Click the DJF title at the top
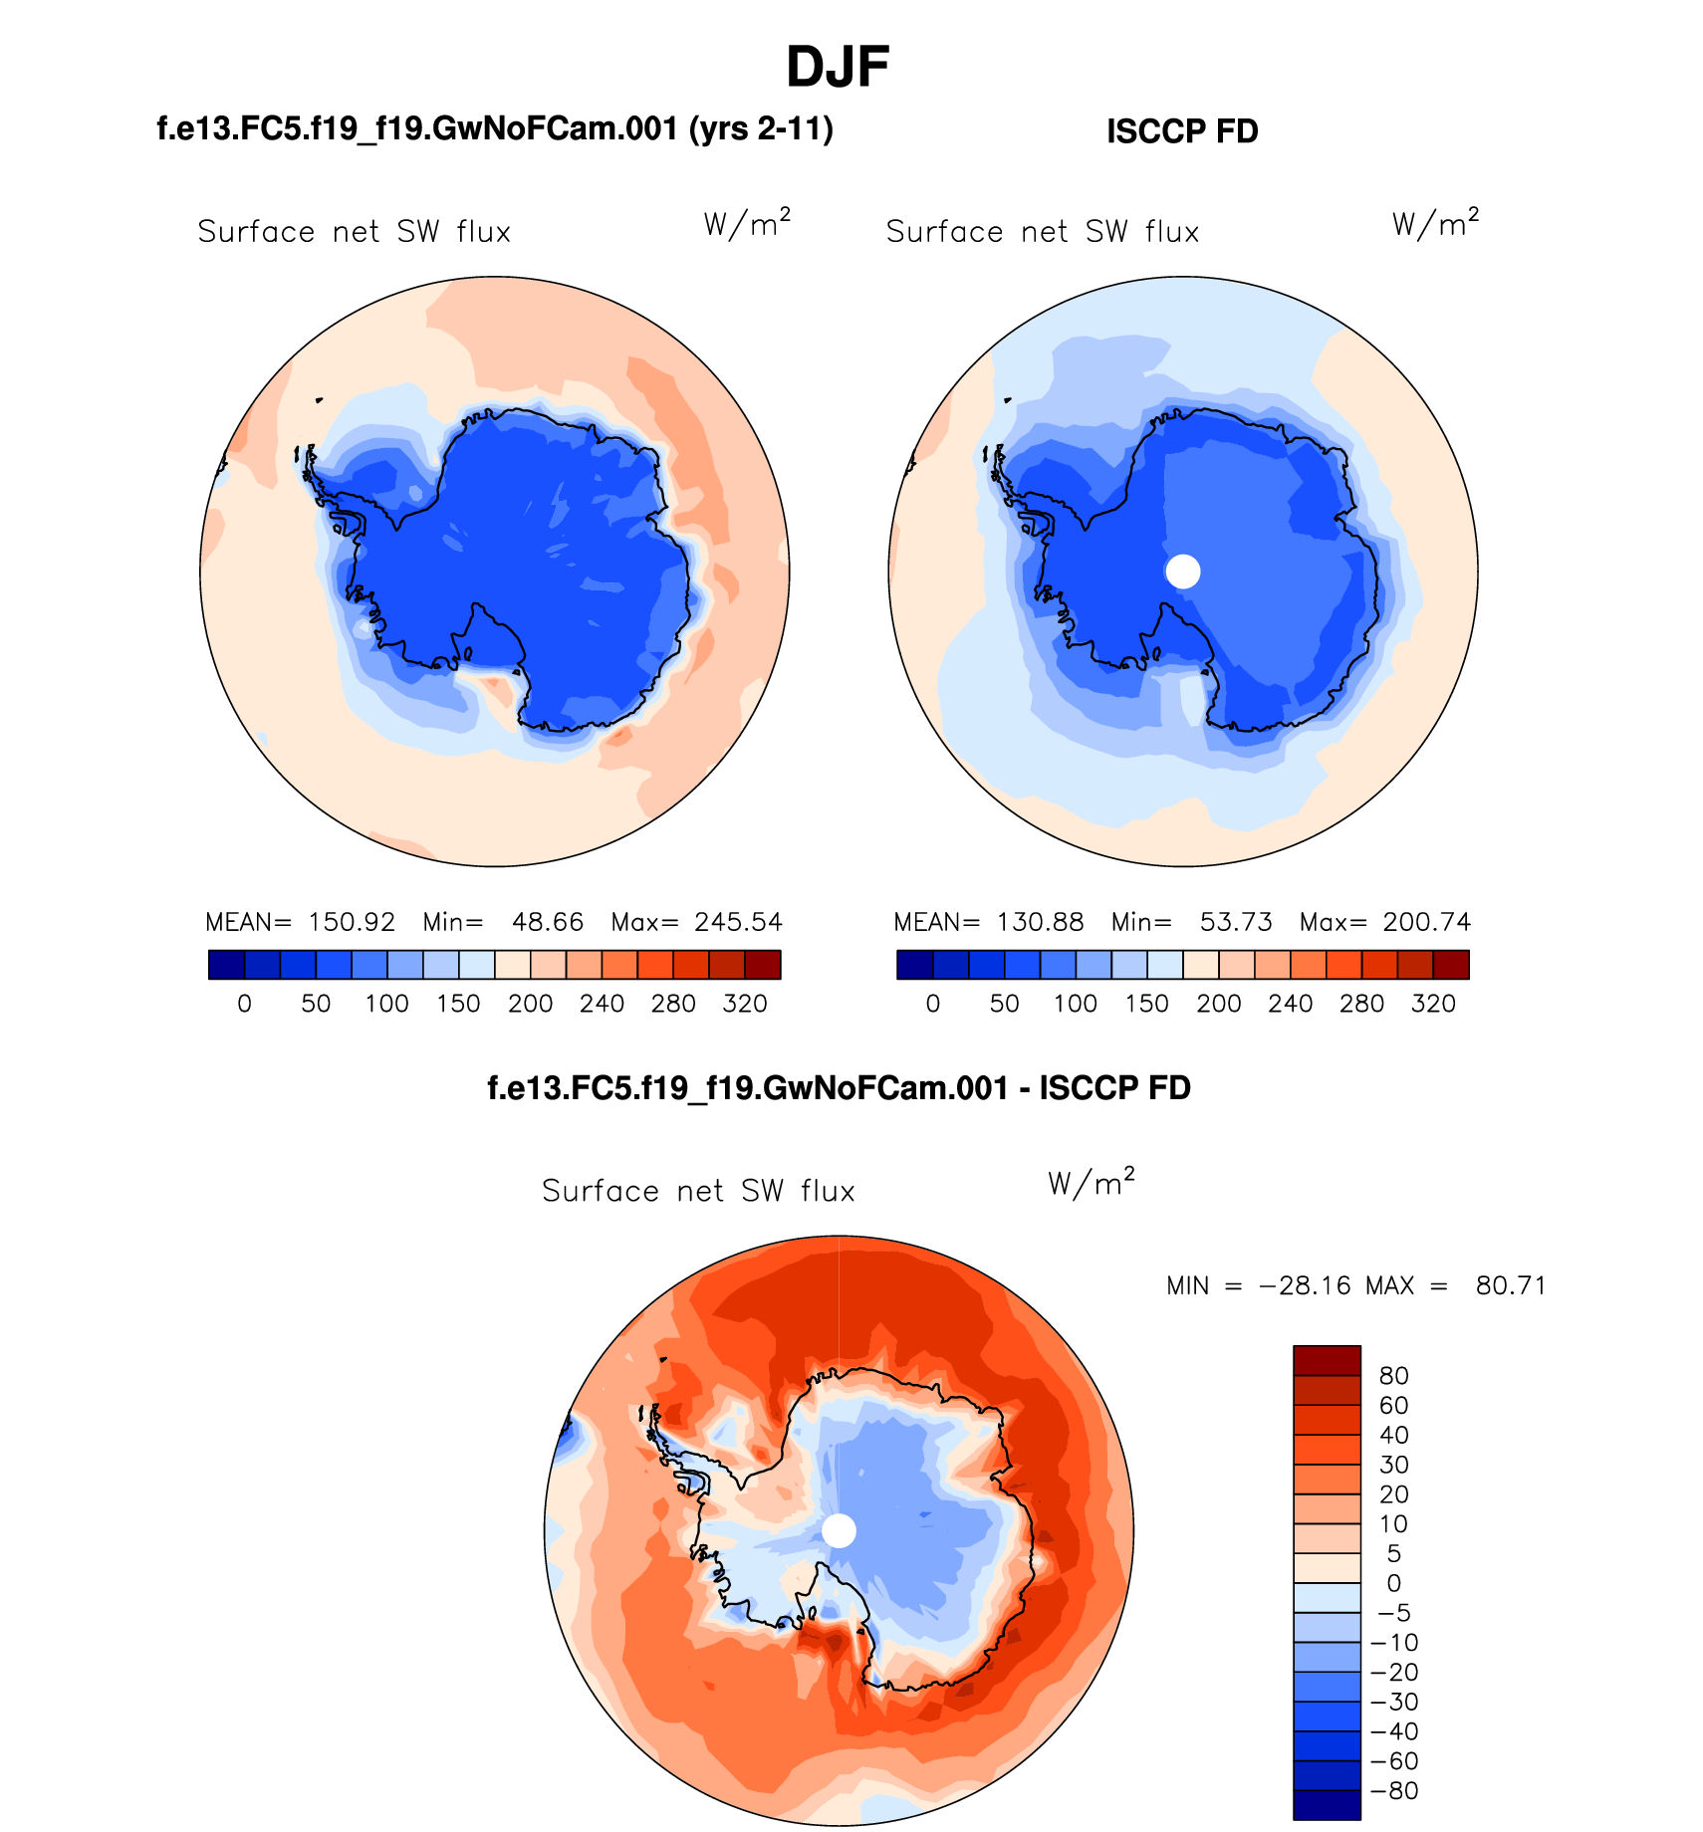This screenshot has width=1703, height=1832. tap(837, 68)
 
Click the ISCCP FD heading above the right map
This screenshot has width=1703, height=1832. tap(1182, 131)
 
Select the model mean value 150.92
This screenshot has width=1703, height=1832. tap(352, 922)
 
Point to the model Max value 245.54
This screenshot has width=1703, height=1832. tap(738, 922)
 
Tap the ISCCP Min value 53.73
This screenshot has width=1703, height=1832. tap(1236, 922)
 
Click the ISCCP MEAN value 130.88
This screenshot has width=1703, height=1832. tap(1040, 922)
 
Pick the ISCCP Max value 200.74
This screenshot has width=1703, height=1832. tap(1426, 922)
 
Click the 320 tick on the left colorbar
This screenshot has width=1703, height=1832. tap(745, 1004)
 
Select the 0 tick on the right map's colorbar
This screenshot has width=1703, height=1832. tap(932, 1004)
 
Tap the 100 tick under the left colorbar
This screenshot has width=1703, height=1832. tap(386, 1004)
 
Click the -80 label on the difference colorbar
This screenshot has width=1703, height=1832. tap(1394, 1791)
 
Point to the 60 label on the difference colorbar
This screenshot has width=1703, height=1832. tap(1393, 1406)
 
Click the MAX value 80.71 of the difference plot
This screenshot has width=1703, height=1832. tap(1511, 1286)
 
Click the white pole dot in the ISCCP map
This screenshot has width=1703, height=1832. tap(1183, 572)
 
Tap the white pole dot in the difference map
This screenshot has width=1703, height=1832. tap(839, 1531)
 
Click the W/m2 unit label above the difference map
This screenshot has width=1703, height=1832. tap(1091, 1183)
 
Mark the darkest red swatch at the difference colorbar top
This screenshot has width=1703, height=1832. tap(1327, 1360)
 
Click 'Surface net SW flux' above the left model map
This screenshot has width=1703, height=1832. tap(354, 232)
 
